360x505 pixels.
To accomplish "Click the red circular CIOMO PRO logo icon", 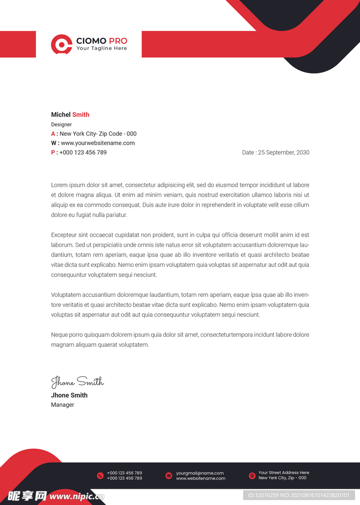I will pos(62,44).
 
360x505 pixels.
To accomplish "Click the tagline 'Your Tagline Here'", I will pos(102,49).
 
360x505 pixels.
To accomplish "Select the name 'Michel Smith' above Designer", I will pos(70,115).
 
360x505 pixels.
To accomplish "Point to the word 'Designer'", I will pos(62,125).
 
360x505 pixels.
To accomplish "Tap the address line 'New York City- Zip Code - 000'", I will pos(98,134).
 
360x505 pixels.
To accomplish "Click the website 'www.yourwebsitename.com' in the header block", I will pos(98,143).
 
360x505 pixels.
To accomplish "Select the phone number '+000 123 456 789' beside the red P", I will pos(83,152).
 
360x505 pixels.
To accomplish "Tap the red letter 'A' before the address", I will pos(53,134).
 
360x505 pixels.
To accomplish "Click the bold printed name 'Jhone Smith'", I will pos(69,395).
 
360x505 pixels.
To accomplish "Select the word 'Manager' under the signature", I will pos(63,405).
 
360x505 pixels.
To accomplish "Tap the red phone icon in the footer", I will pos(100,475).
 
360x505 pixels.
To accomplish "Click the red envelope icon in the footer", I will pos(169,475).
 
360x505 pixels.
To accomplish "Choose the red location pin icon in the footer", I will pos(252,475).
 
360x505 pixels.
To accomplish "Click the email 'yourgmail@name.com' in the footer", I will pos(200,473).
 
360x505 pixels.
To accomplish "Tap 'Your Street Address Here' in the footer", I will pos(284,472).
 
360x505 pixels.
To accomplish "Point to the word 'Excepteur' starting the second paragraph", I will pos(64,235).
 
